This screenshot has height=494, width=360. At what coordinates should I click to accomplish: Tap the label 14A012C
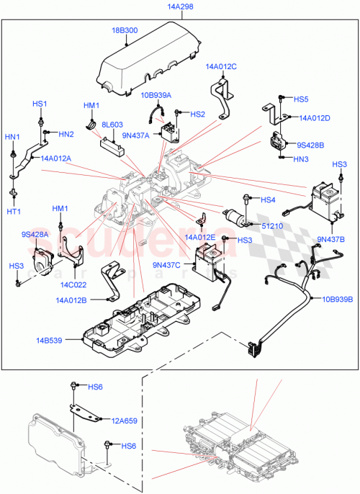pos(221,66)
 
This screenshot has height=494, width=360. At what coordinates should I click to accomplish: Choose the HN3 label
pos(302,158)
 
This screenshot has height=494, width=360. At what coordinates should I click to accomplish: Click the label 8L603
pos(112,125)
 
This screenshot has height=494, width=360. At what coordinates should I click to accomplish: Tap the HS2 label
pos(198,114)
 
